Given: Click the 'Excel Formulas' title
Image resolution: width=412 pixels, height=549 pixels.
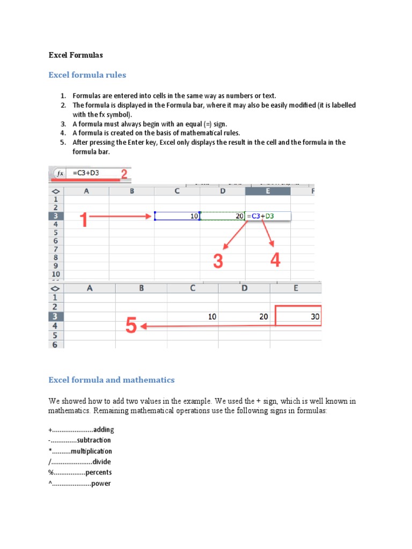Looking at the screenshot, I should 75,55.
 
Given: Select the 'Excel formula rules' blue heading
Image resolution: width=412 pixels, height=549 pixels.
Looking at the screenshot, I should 87,75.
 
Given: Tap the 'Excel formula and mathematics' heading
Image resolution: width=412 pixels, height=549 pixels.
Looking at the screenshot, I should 112,380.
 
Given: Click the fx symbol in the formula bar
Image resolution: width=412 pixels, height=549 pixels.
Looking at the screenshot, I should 61,173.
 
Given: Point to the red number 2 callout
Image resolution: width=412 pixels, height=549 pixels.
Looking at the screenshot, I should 124,173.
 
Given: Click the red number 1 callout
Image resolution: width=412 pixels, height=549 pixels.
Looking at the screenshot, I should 83,220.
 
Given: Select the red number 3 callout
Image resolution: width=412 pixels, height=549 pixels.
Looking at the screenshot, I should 217,261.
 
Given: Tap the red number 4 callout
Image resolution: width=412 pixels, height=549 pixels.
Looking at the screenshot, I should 275,261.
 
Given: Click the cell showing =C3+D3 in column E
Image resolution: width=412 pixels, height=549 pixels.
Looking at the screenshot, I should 268,216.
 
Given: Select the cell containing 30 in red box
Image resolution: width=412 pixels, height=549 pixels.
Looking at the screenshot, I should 298,316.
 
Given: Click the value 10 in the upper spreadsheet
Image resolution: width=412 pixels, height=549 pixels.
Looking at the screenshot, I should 193,216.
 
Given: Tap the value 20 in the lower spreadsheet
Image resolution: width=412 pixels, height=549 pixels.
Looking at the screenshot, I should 263,316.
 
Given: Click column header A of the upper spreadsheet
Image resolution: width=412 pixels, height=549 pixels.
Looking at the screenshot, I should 86,191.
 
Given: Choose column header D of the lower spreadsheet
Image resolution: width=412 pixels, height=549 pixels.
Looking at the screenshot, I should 245,288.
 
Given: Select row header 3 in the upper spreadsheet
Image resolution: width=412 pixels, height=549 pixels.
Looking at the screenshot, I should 56,216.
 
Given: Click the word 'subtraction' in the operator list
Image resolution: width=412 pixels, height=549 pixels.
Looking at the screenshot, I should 94,440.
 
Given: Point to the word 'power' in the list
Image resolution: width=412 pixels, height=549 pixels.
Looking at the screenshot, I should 101,484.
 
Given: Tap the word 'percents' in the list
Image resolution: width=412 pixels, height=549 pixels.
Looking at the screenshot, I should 99,472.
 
